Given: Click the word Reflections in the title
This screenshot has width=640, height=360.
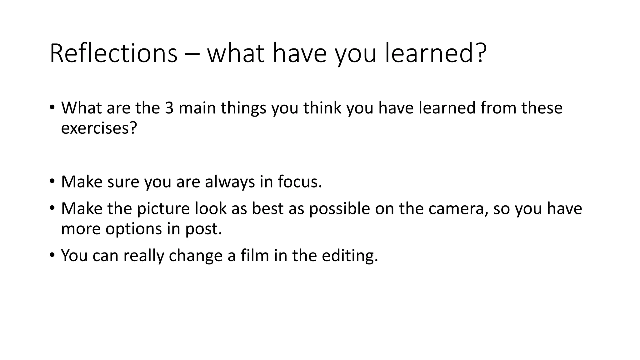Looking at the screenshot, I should [x=113, y=53].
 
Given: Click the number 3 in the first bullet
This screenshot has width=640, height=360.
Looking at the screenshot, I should [x=169, y=108].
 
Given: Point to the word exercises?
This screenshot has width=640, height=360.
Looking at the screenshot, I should [x=99, y=128].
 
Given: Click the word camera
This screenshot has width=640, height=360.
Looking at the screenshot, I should [x=458, y=208].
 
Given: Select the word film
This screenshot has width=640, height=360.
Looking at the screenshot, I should [x=255, y=255].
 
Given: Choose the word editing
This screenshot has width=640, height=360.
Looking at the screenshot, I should [x=350, y=256].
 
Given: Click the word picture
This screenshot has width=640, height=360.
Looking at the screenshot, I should [x=163, y=208].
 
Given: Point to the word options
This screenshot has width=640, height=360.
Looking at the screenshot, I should [x=133, y=229].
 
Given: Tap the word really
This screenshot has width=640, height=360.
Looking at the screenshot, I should [x=143, y=256].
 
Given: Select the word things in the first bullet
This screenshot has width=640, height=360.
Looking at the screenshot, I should [x=243, y=108].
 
